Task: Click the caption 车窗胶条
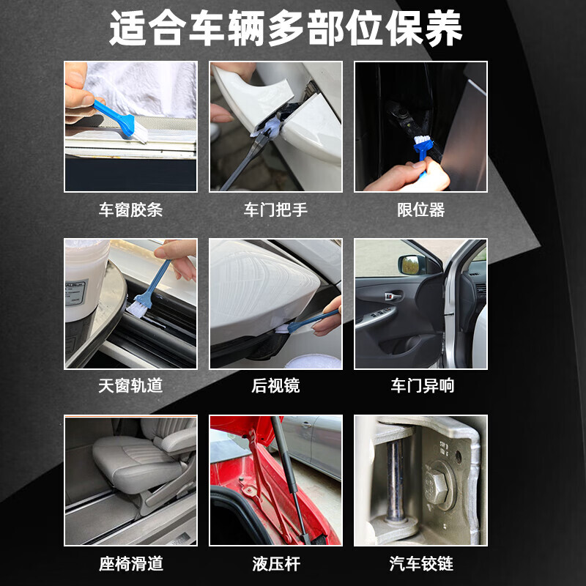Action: click(x=130, y=209)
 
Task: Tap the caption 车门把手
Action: click(x=276, y=209)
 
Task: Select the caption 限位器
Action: click(x=420, y=209)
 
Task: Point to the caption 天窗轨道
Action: click(x=130, y=386)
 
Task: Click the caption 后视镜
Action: click(x=276, y=386)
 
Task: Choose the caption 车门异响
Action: click(x=423, y=386)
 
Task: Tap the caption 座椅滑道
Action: click(x=131, y=563)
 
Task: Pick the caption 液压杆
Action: click(x=276, y=563)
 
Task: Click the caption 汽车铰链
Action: click(x=421, y=563)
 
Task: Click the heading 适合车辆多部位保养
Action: click(x=286, y=28)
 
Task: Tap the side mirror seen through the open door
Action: click(x=412, y=264)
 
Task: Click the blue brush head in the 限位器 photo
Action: click(x=423, y=144)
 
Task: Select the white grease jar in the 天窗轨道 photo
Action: click(x=85, y=281)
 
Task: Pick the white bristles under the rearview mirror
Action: click(x=282, y=329)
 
